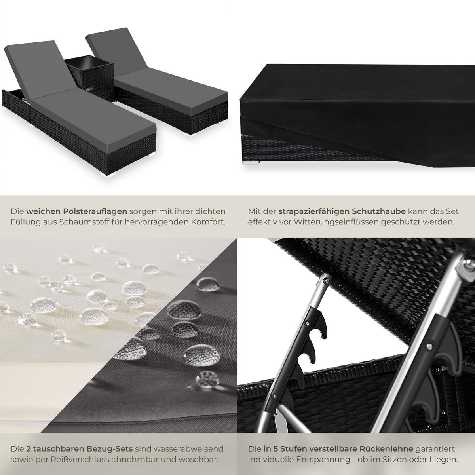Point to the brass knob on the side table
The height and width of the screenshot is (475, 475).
tap(89, 90)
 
